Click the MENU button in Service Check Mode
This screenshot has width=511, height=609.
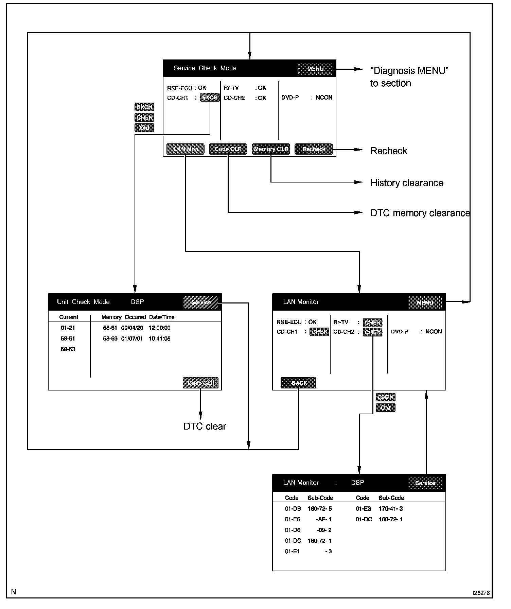pyautogui.click(x=315, y=69)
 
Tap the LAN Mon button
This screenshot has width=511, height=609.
pyautogui.click(x=186, y=149)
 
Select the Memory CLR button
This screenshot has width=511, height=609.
pyautogui.click(x=271, y=149)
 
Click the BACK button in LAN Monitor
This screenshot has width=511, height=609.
pyautogui.click(x=299, y=383)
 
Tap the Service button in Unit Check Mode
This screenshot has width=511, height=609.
pyautogui.click(x=201, y=302)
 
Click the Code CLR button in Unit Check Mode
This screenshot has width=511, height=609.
pyautogui.click(x=200, y=383)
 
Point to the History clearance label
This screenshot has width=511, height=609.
pyautogui.click(x=407, y=183)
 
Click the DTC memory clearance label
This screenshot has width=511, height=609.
pyautogui.click(x=420, y=213)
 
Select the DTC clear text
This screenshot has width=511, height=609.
pyautogui.click(x=205, y=426)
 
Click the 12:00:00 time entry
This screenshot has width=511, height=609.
pyautogui.click(x=159, y=328)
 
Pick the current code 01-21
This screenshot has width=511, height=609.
pyautogui.click(x=68, y=328)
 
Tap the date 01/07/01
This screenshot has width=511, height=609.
pyautogui.click(x=132, y=338)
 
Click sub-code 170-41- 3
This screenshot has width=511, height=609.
pyautogui.click(x=391, y=509)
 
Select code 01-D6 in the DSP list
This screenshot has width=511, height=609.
pyautogui.click(x=293, y=530)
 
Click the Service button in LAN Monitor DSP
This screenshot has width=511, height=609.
pyautogui.click(x=425, y=483)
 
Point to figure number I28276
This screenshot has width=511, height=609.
pyautogui.click(x=481, y=593)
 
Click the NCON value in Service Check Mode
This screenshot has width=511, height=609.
pyautogui.click(x=324, y=98)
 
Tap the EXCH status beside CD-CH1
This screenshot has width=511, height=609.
pyautogui.click(x=210, y=98)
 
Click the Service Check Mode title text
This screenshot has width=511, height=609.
pyautogui.click(x=205, y=68)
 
